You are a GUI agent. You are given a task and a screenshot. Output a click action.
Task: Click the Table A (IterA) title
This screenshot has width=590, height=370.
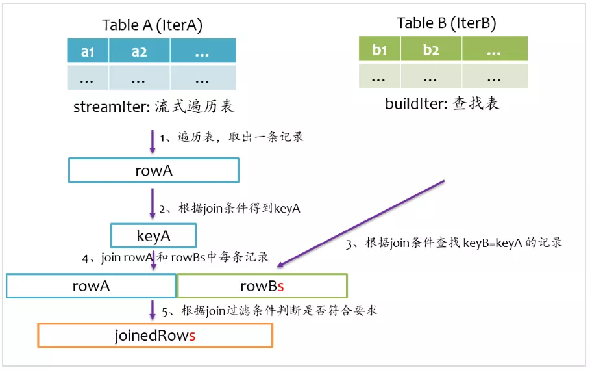pyautogui.click(x=152, y=25)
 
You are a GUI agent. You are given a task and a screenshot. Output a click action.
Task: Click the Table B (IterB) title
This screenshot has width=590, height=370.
pyautogui.click(x=446, y=24)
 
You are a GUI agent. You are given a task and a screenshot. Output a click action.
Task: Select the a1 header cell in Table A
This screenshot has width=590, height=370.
pyautogui.click(x=88, y=51)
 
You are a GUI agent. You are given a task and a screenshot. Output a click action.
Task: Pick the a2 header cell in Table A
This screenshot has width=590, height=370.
pyautogui.click(x=140, y=51)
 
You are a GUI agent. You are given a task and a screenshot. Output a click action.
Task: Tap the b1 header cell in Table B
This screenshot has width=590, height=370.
pyautogui.click(x=380, y=49)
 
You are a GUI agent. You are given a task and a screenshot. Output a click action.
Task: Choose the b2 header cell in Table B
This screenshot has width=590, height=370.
pyautogui.click(x=431, y=49)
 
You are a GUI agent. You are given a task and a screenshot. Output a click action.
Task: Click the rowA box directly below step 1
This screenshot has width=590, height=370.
pyautogui.click(x=154, y=170)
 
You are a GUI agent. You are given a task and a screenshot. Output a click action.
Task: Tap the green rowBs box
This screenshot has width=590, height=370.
pyautogui.click(x=262, y=286)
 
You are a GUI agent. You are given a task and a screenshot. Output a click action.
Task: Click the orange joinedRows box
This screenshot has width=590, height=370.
pyautogui.click(x=155, y=336)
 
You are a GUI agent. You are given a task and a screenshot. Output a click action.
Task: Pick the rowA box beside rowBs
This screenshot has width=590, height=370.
pyautogui.click(x=91, y=286)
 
